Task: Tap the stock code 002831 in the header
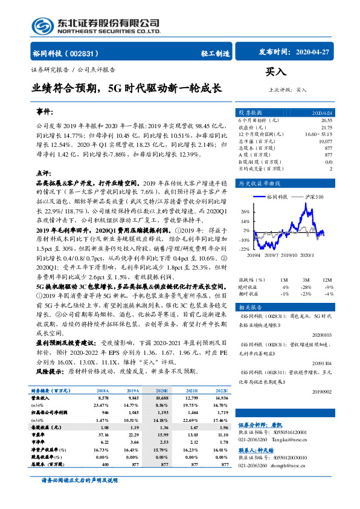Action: pos(85,53)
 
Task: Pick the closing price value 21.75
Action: pos(326,126)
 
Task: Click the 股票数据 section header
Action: pos(249,112)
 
